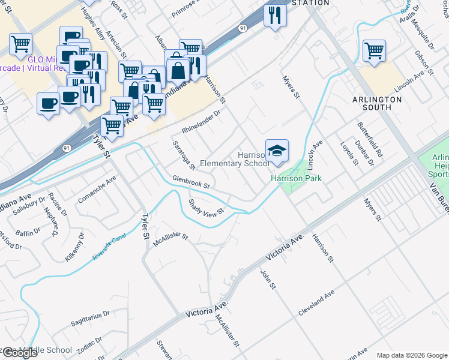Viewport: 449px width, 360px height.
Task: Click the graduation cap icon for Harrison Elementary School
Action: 277,151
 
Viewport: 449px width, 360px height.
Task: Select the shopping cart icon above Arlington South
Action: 374,51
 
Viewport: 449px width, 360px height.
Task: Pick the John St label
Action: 267,279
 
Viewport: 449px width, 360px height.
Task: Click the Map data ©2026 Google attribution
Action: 411,355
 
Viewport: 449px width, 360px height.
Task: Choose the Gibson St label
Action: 422,62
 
